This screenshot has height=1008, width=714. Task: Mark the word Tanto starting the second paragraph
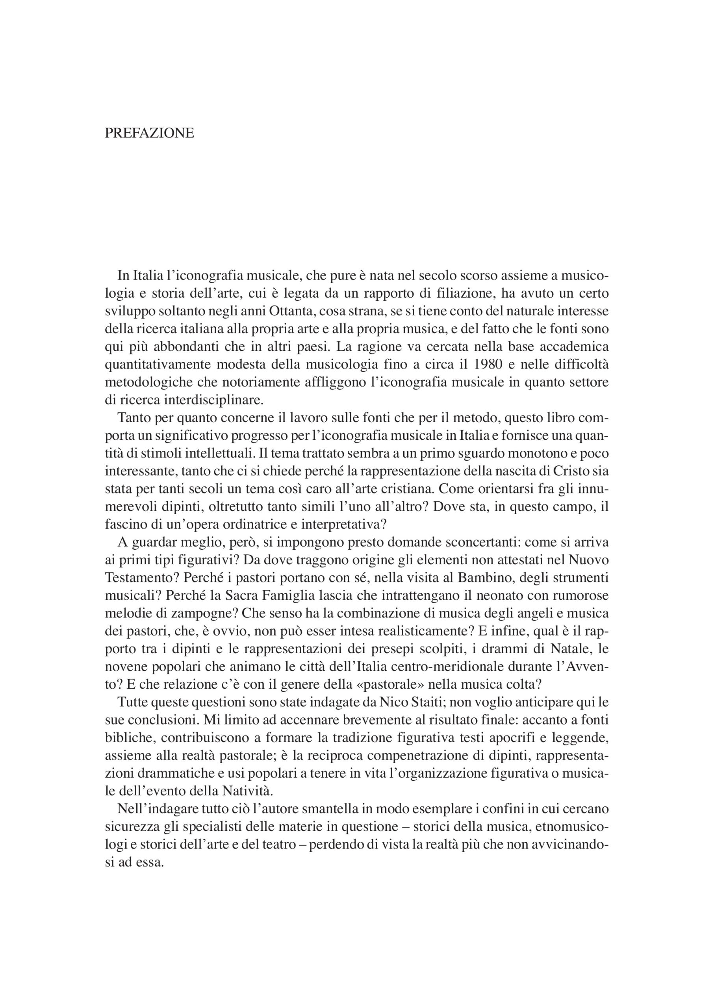pyautogui.click(x=133, y=418)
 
